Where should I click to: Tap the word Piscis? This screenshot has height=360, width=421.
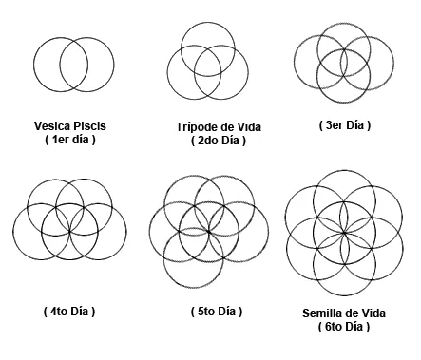[x=89, y=124]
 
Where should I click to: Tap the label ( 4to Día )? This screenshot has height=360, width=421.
[x=69, y=312]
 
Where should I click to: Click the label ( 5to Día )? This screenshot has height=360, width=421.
[x=215, y=312]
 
